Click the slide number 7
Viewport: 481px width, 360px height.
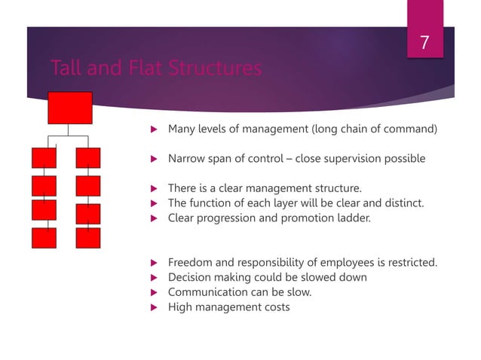tap(424, 44)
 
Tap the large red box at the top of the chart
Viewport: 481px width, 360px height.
tap(69, 108)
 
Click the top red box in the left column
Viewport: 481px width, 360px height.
tap(44, 158)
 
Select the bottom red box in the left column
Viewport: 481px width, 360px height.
tap(44, 238)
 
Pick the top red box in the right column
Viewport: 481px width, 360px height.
tap(88, 158)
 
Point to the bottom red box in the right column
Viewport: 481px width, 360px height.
tap(88, 238)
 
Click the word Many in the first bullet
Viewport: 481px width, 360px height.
tap(182, 129)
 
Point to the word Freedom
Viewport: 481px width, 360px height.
tap(191, 262)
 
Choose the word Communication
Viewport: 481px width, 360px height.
tap(204, 292)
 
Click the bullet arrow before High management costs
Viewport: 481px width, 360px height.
tap(152, 307)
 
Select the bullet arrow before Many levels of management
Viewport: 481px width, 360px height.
tap(152, 129)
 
